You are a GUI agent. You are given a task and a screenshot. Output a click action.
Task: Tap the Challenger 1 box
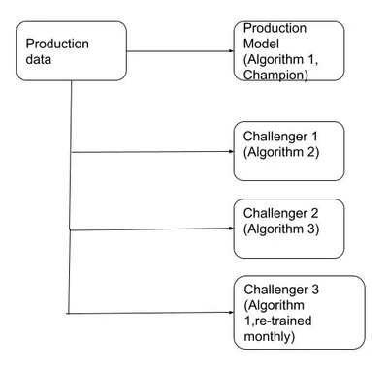pyautogui.click(x=288, y=150)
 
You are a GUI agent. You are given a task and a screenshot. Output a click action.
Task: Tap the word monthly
pyautogui.click(x=275, y=336)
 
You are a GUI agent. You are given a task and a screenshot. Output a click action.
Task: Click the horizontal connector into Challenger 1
pyautogui.click(x=152, y=152)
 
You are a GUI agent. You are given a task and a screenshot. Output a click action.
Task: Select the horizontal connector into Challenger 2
pyautogui.click(x=152, y=229)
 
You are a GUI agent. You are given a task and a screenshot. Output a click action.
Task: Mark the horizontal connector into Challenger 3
pyautogui.click(x=152, y=313)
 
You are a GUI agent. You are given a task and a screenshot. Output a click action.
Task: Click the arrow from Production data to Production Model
pyautogui.click(x=179, y=51)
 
